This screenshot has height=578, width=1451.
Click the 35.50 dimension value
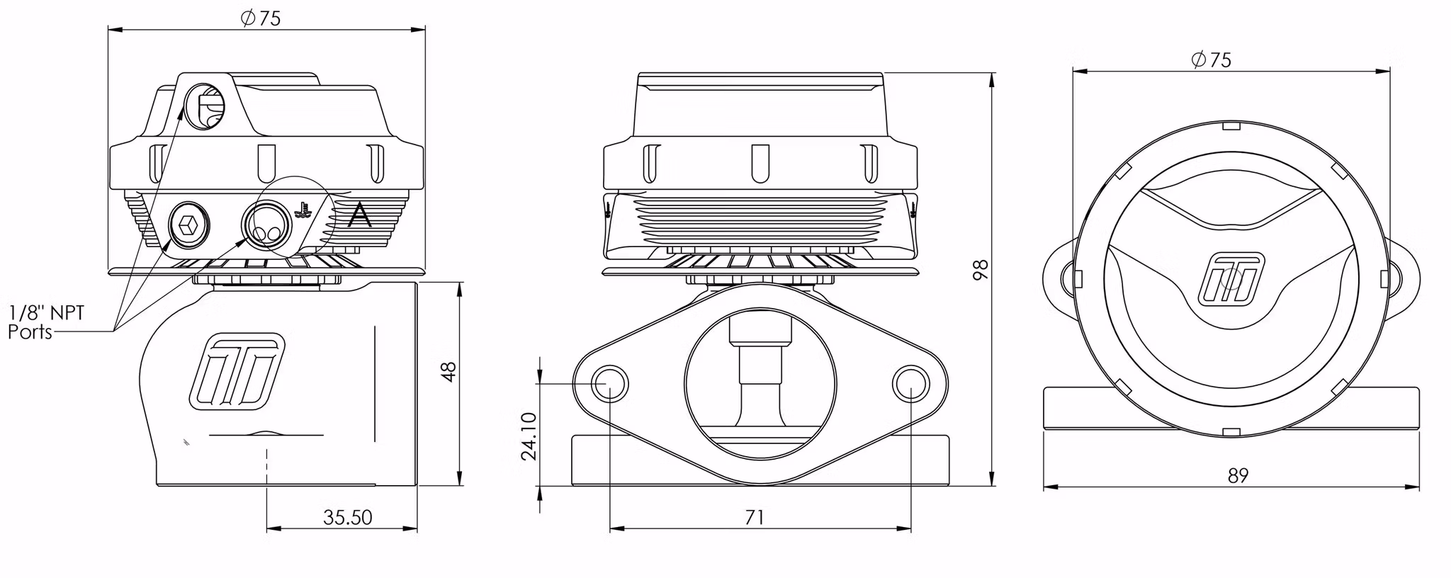point(347,518)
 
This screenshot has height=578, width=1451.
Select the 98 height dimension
point(981,270)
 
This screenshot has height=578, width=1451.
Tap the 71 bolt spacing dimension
point(755,518)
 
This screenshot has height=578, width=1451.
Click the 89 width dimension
point(1238,475)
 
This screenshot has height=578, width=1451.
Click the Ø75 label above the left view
point(261,18)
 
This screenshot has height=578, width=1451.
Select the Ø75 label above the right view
point(1212,60)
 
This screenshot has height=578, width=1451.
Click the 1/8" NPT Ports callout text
point(46,322)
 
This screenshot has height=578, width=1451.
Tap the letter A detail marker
point(360,215)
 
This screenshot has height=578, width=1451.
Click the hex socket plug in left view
point(189,226)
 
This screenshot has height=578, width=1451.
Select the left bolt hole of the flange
point(609,384)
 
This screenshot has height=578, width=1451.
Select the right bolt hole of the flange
point(910,384)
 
